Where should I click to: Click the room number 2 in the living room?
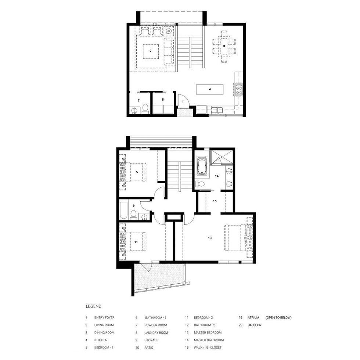(x=150, y=51)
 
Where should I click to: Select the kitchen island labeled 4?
(x=210, y=89)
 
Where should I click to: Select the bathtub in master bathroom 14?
(x=202, y=166)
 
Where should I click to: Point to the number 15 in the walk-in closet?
(x=215, y=201)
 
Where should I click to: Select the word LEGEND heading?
(x=93, y=306)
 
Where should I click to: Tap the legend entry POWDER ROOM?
(x=156, y=325)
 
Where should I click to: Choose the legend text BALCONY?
(x=255, y=325)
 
